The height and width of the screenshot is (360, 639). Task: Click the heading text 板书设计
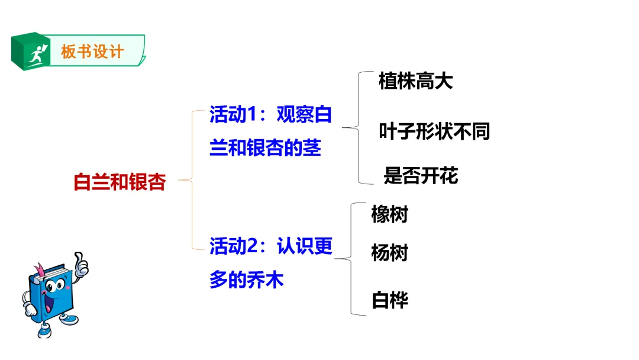pos(92,52)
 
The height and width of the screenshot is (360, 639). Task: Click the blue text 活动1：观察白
pos(270,115)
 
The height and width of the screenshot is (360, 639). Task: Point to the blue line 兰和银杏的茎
pos(265,147)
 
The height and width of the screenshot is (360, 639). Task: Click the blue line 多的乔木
pos(246,279)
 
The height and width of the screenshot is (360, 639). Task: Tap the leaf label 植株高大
pos(415,81)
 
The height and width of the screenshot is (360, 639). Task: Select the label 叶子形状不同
pos(434,131)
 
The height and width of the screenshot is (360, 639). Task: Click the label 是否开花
pos(421,175)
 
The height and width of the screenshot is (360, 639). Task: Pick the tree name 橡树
pos(389,214)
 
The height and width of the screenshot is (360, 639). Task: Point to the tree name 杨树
pos(389,253)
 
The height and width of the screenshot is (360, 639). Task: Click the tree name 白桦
pos(389,300)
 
